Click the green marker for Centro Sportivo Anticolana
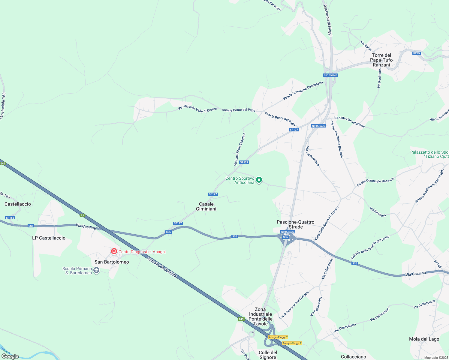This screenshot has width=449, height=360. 259,180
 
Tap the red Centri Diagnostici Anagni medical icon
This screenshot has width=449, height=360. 114,251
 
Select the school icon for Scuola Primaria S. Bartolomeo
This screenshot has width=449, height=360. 96,271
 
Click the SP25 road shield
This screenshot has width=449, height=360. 416,53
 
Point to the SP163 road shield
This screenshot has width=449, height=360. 10,218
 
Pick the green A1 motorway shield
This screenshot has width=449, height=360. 83,215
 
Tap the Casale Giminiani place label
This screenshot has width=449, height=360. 206,206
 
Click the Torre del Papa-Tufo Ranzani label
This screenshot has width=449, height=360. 381,60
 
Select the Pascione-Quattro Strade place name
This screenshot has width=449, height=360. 295,224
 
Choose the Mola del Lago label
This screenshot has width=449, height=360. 424,339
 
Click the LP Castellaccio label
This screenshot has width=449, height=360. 49,238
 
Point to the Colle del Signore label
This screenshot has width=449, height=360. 268,355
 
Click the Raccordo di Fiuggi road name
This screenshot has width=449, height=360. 328,20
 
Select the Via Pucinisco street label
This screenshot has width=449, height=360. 379,78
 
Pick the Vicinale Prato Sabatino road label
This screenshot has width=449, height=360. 240,149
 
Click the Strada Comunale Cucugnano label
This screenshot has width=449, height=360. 303,91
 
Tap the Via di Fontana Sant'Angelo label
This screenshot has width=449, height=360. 294,305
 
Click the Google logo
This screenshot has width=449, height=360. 10,356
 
